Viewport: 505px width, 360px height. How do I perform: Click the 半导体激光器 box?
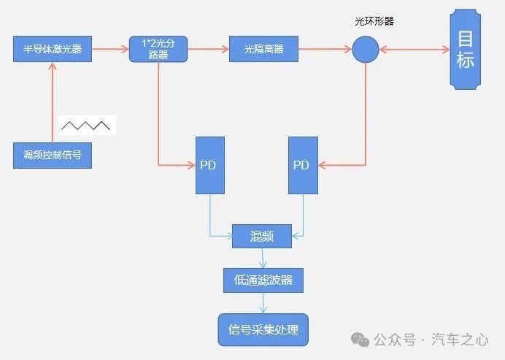pos(52,50)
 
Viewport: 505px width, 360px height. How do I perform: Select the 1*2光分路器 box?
pos(158,50)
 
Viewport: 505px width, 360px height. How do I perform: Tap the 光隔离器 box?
pos(263,50)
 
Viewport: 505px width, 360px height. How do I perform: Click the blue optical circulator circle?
pos(365,50)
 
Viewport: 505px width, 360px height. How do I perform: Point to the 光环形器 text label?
pos(374,21)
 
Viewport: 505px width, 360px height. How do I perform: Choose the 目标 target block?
pos(465,50)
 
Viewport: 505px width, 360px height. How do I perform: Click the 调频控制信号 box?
pos(53,155)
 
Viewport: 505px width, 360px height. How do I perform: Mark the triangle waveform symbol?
pos(85,126)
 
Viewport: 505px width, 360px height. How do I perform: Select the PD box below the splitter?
pos(209,165)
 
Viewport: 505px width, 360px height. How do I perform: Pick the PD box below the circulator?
pos(301,165)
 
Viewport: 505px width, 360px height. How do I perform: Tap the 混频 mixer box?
pos(261,234)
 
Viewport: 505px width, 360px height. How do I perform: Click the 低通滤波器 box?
pos(263,280)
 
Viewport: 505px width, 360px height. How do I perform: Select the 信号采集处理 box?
pos(263,329)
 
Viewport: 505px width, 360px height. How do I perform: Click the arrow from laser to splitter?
pos(110,50)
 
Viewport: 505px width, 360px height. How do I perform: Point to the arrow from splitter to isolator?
pos(208,50)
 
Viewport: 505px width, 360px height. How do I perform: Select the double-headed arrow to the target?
pos(414,50)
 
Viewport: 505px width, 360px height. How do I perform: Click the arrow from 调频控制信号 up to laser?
pos(53,102)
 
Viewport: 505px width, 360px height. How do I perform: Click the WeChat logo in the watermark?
pos(360,340)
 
